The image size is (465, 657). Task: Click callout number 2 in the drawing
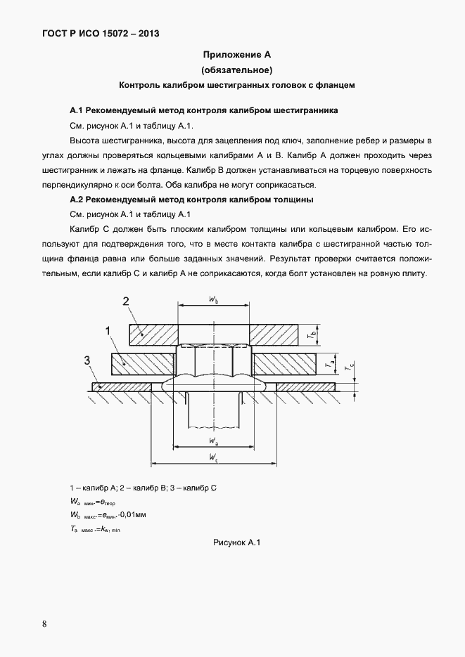[126, 302]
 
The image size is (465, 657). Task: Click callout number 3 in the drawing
[87, 360]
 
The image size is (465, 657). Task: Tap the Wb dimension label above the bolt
[213, 299]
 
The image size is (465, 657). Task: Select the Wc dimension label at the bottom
[213, 457]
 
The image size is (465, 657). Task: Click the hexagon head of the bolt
[212, 360]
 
